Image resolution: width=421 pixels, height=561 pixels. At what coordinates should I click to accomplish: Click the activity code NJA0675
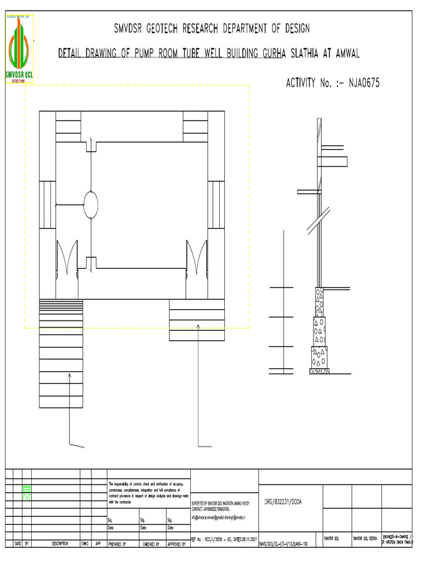(x=359, y=83)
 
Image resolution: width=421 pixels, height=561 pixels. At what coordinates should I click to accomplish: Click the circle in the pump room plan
(x=90, y=205)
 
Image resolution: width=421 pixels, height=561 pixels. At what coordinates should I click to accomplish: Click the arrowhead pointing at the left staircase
(x=70, y=375)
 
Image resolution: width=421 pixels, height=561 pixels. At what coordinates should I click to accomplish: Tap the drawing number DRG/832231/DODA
(x=283, y=501)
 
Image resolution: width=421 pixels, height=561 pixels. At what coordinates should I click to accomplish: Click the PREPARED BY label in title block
(x=117, y=545)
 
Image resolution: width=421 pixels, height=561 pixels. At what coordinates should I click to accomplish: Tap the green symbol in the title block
(x=27, y=493)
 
